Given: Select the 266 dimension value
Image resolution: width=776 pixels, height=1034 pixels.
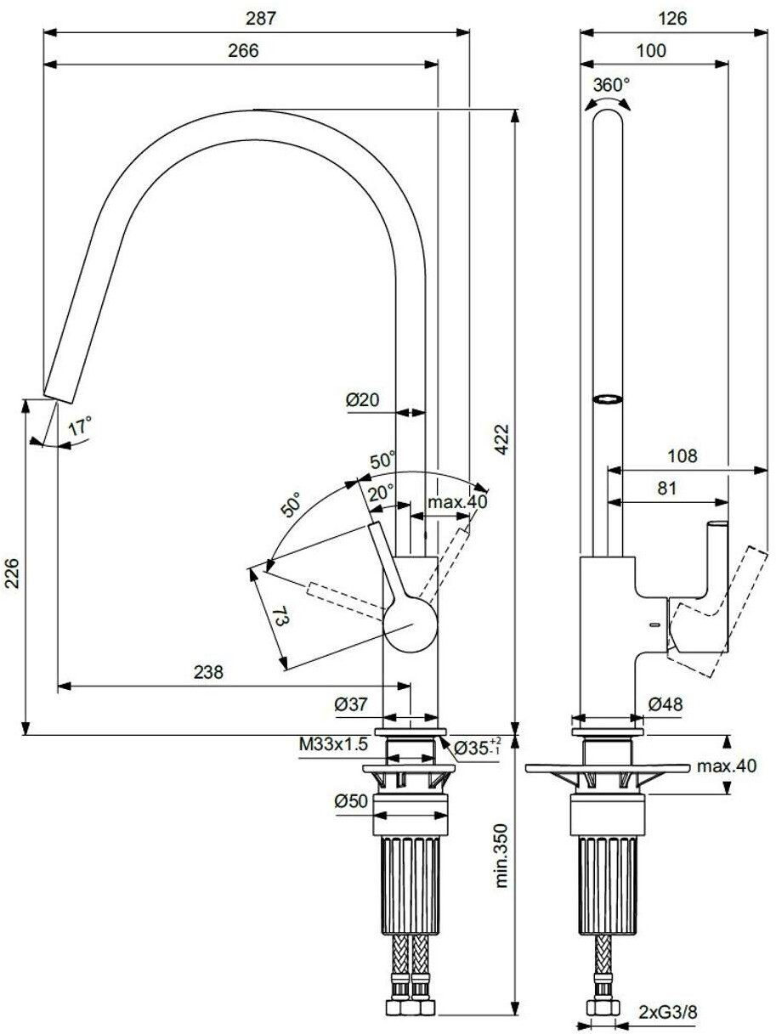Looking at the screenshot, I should (242, 50).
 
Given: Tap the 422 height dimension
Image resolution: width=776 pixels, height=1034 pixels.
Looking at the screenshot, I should (503, 439).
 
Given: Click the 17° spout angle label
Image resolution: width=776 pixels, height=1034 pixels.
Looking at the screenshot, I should (78, 427).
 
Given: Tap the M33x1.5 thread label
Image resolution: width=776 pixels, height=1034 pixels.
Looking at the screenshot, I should (332, 745).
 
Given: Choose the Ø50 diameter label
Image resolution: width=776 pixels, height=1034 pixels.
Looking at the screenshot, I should (350, 800).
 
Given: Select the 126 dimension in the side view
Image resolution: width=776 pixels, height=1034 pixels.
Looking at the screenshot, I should (672, 18).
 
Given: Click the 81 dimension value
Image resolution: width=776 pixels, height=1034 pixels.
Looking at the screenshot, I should (667, 488).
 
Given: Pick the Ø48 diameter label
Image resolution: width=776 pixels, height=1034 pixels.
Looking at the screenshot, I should (665, 703).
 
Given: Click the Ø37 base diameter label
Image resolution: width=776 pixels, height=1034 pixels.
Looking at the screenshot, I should (350, 703).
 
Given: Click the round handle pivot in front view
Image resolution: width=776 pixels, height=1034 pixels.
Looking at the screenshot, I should (410, 624).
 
